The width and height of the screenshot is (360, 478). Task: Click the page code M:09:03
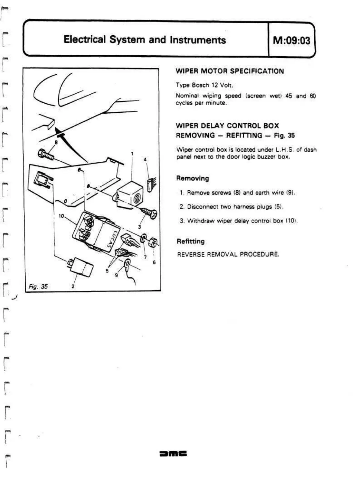[291, 40]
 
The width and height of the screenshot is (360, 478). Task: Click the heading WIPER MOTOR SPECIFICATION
[230, 71]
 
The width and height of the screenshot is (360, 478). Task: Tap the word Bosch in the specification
[200, 85]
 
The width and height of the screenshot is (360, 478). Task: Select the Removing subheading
[193, 178]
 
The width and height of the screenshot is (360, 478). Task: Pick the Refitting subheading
[190, 241]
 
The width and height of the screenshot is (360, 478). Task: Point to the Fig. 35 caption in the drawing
[38, 286]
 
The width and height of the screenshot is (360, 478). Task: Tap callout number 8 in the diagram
[56, 142]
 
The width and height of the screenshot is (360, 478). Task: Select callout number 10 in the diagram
[61, 216]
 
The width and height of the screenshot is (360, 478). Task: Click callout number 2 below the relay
[73, 286]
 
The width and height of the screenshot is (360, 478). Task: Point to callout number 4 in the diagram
[145, 159]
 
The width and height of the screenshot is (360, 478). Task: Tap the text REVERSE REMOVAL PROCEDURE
[228, 254]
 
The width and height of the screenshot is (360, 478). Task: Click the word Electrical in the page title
[85, 40]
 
